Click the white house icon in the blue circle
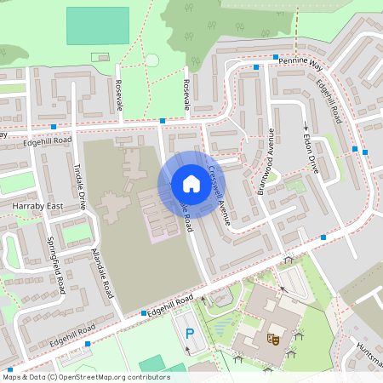tap(191, 184)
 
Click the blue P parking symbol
tap(190, 333)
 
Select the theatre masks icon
tap(274, 339)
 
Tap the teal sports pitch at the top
tap(97, 26)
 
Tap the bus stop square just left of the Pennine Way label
tap(256, 66)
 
